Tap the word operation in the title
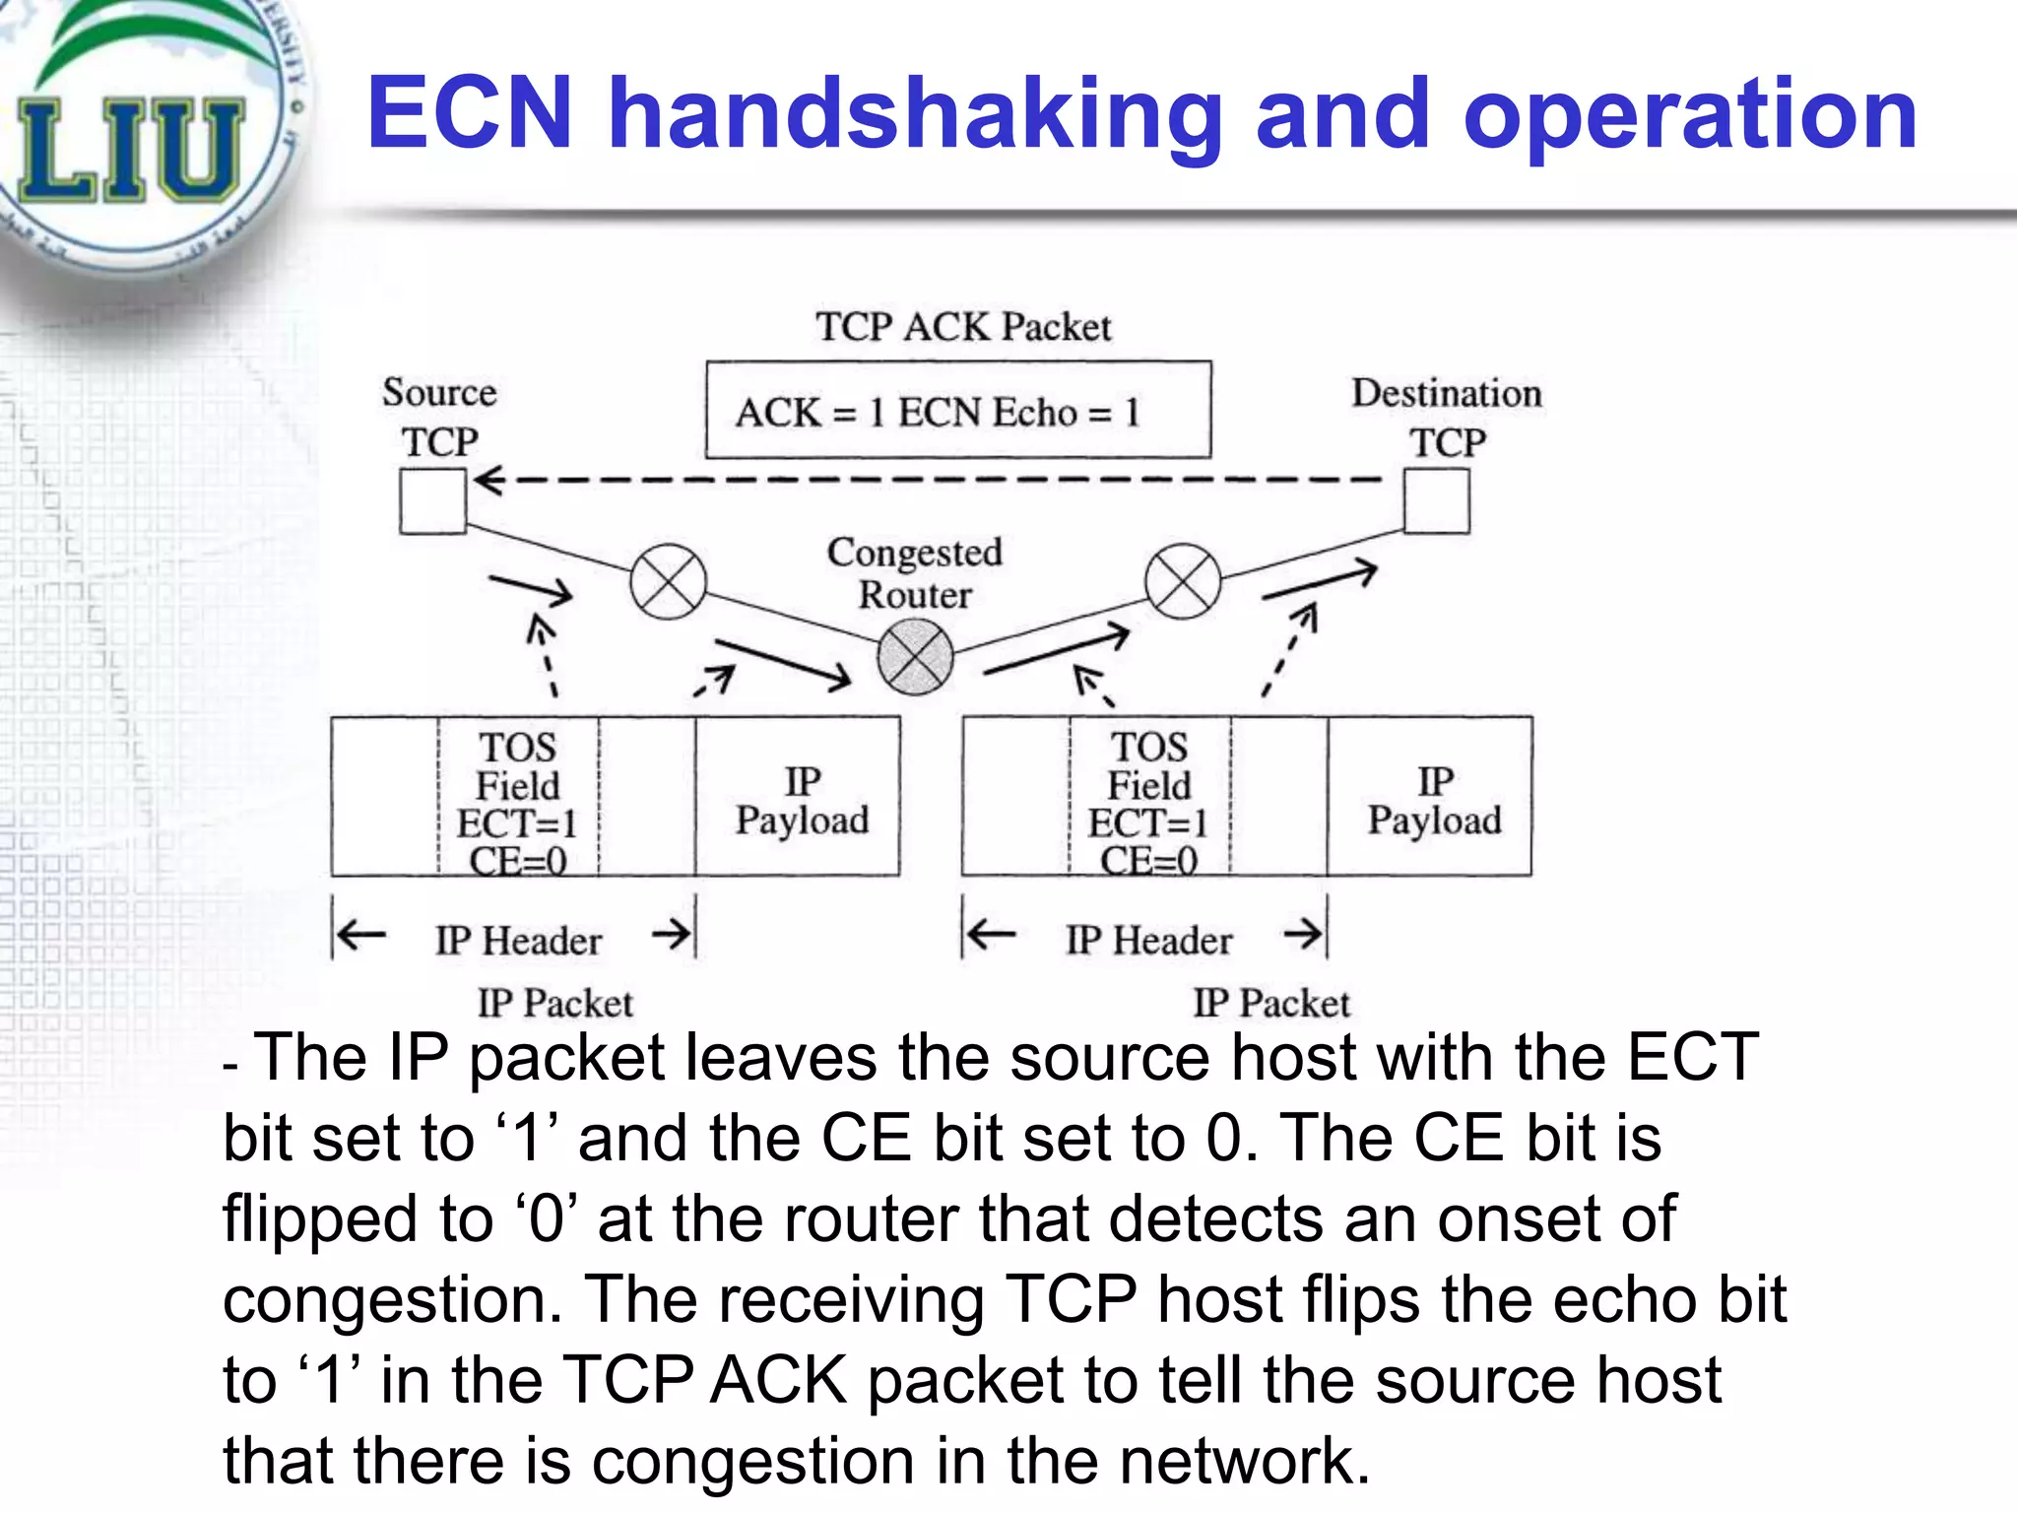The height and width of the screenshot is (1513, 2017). click(1690, 115)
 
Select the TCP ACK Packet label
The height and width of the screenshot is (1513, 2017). click(962, 327)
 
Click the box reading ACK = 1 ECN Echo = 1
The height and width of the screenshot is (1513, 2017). click(957, 410)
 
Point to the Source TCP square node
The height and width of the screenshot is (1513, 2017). click(432, 501)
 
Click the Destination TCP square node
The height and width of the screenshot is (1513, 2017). click(1436, 501)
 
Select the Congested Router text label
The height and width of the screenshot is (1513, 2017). click(914, 573)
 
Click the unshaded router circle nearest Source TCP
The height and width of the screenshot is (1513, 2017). click(668, 581)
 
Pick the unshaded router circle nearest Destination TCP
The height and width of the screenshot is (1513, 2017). click(1183, 581)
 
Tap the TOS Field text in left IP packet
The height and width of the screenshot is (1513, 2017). click(517, 766)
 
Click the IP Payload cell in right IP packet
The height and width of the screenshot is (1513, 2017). click(1433, 799)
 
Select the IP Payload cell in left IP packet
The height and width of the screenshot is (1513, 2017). click(801, 799)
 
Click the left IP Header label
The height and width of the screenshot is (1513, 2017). click(518, 941)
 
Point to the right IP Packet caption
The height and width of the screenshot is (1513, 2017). click(1270, 1003)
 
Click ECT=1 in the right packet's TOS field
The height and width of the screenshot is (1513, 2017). click(1147, 823)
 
